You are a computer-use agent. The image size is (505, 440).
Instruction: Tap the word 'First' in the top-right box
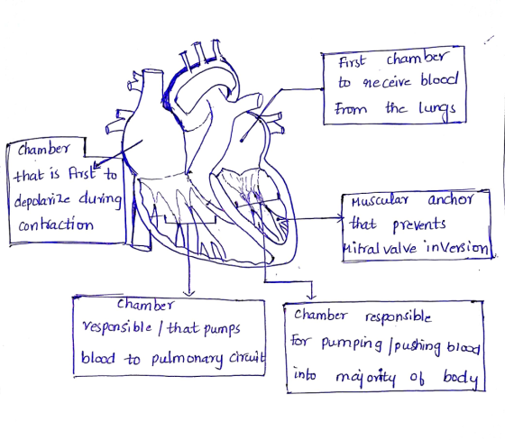[352, 61]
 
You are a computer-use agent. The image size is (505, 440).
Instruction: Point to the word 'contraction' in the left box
[56, 225]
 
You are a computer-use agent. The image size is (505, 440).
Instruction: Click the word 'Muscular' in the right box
[380, 201]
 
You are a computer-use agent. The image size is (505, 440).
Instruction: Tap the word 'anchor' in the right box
[450, 199]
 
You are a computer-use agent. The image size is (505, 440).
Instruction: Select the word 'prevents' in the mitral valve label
[419, 225]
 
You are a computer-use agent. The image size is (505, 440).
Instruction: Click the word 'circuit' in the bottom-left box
[247, 357]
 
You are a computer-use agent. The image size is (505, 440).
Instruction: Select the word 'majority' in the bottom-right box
[365, 378]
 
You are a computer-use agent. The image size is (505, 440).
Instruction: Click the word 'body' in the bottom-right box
[461, 378]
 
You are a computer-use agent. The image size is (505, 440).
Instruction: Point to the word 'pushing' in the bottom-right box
[418, 347]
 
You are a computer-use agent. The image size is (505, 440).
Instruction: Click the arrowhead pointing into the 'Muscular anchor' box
[342, 219]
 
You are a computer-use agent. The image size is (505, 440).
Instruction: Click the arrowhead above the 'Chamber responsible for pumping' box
[311, 296]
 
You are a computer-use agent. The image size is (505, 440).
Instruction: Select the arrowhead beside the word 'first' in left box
[96, 165]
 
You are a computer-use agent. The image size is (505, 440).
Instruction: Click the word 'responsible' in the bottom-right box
[398, 317]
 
